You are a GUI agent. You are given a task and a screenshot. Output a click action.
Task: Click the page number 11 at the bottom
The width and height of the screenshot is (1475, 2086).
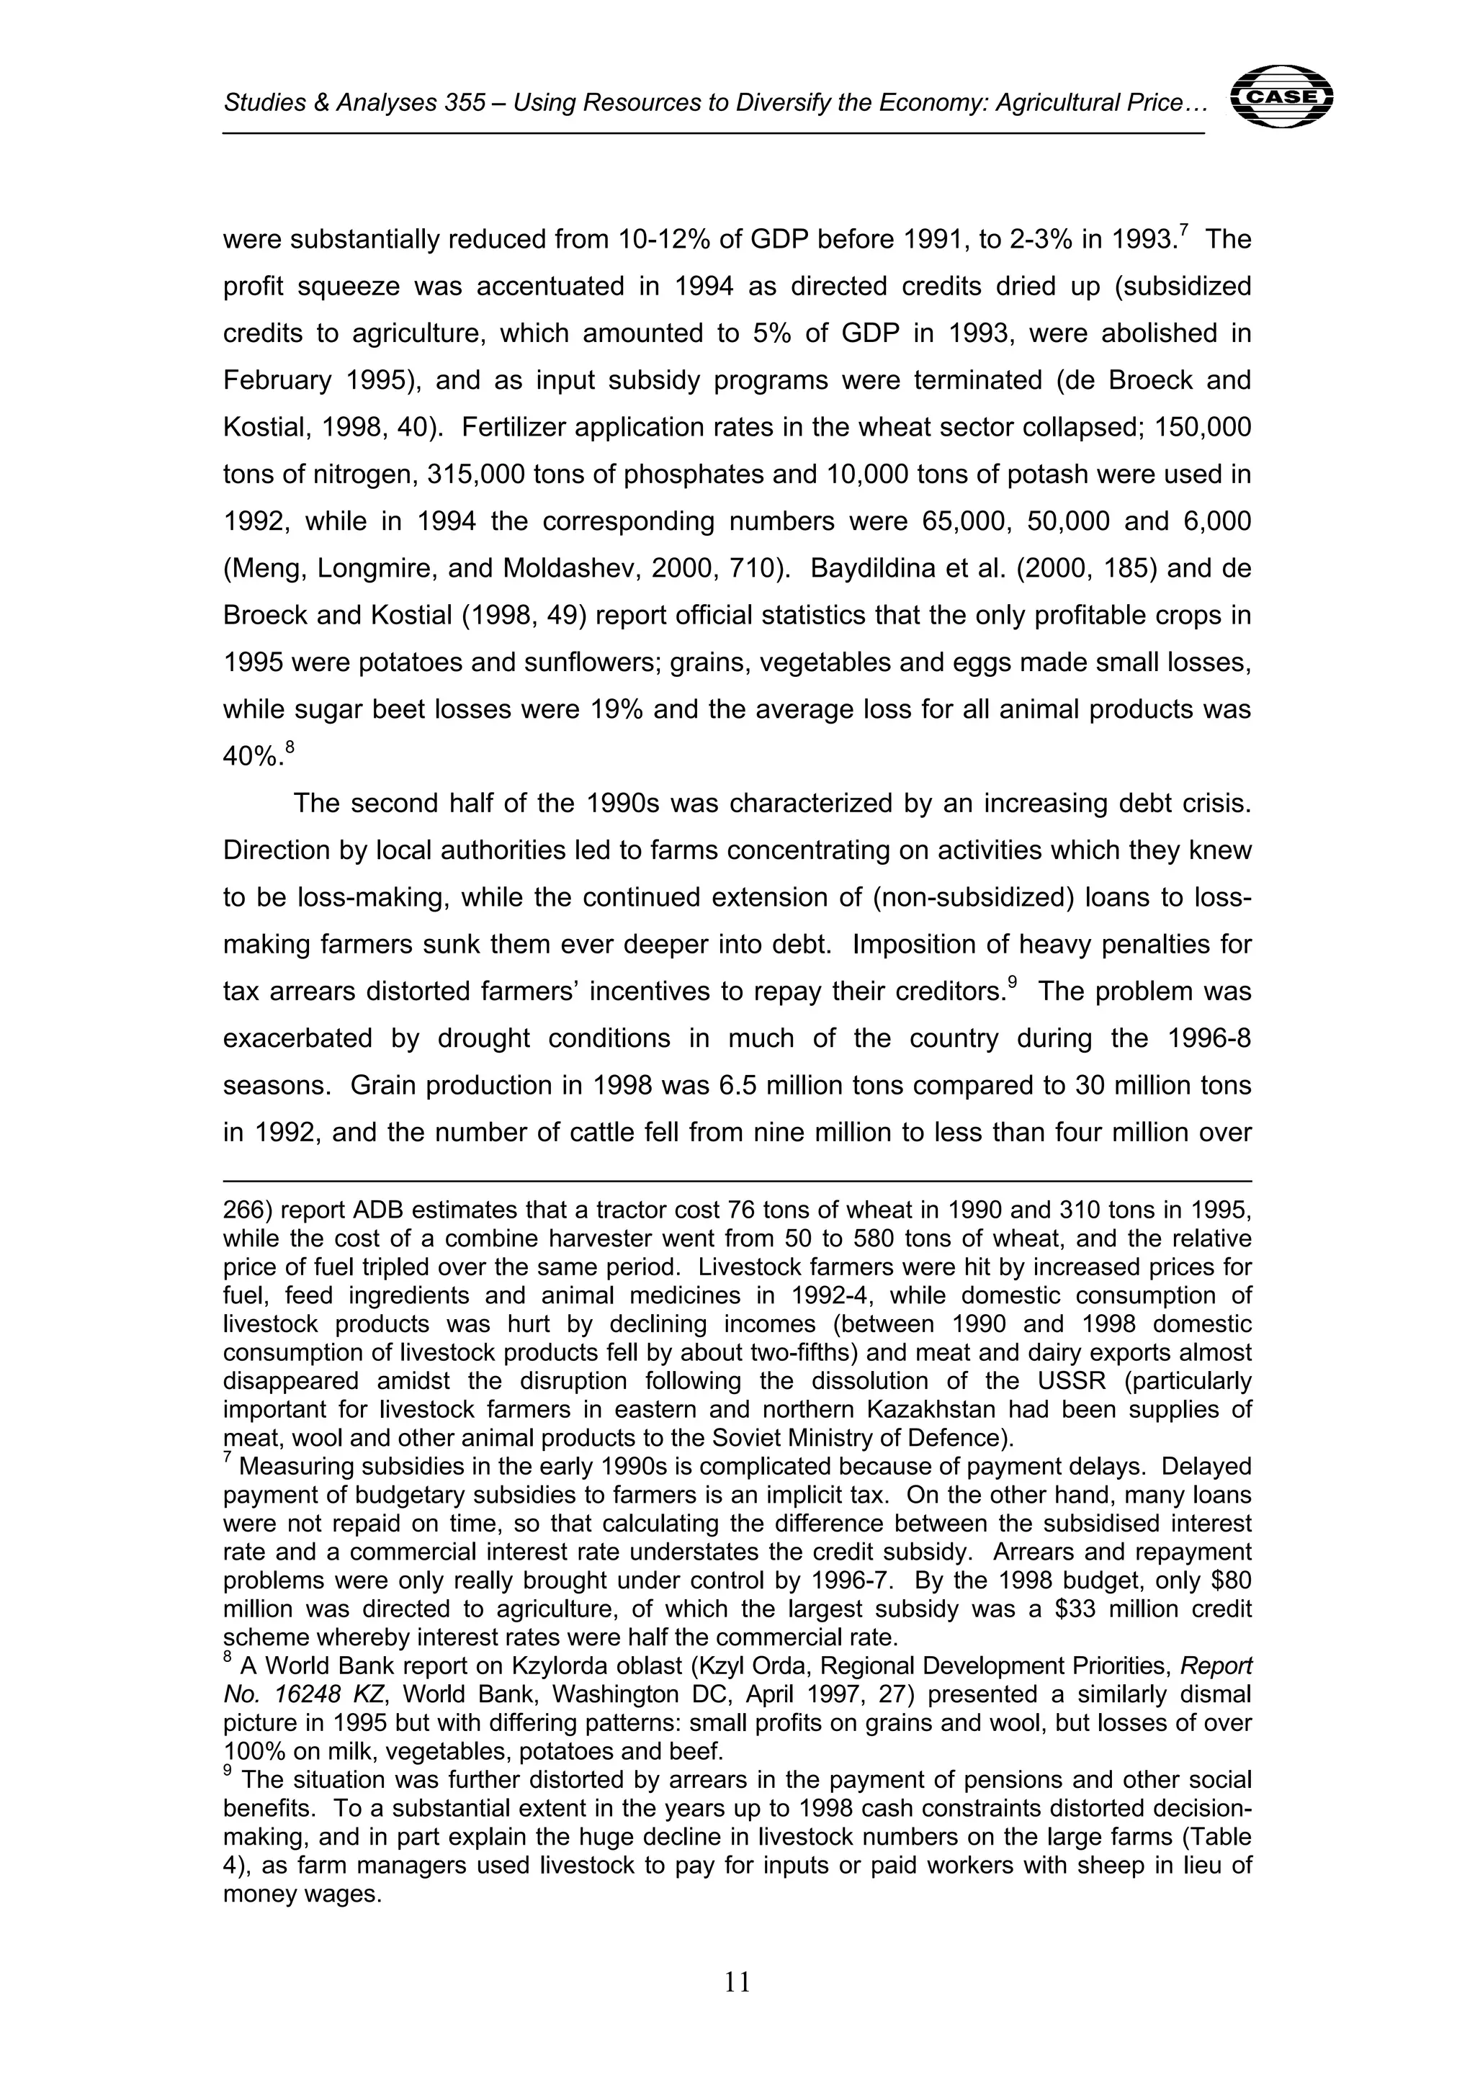737,1982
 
